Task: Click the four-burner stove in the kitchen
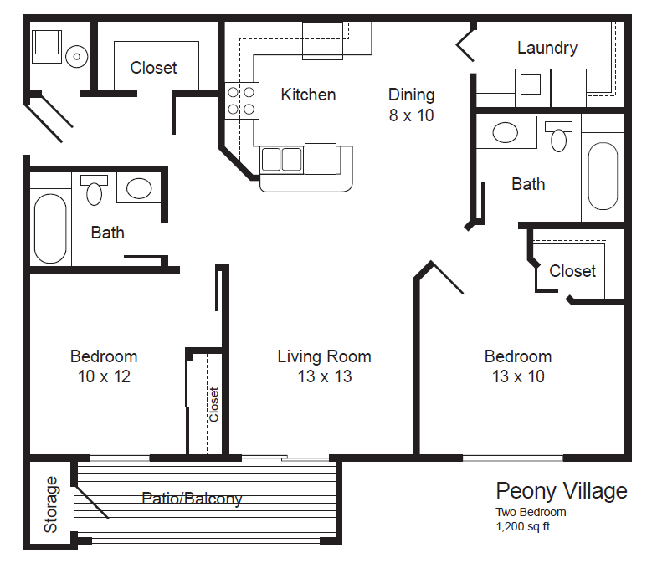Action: [x=242, y=100]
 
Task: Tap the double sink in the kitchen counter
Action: [x=282, y=158]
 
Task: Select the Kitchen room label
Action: [x=308, y=95]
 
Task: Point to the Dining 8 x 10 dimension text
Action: [x=411, y=115]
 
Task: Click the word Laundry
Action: [x=547, y=48]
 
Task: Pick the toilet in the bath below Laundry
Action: [x=558, y=136]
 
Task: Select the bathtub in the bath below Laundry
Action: [x=603, y=177]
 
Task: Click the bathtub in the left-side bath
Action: [x=50, y=228]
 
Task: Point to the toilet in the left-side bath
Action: [x=94, y=190]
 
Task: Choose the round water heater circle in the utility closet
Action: [x=77, y=56]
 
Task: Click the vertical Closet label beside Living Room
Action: [x=213, y=404]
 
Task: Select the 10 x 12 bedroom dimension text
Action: [x=104, y=376]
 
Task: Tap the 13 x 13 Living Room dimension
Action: [x=324, y=376]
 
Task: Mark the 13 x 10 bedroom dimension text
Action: [x=518, y=376]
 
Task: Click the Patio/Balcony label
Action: [x=192, y=499]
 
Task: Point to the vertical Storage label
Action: [x=51, y=504]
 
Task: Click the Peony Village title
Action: [x=561, y=491]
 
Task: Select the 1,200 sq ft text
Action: [x=523, y=527]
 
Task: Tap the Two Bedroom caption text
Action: [x=531, y=512]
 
